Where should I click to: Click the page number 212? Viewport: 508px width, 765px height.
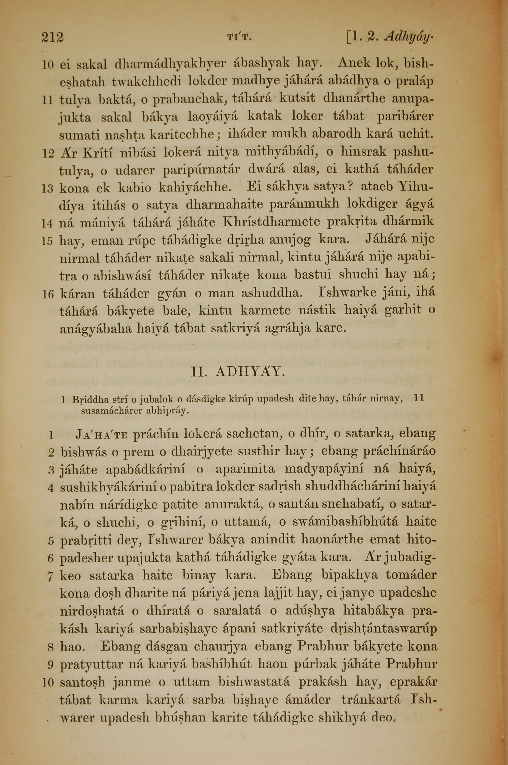coord(53,37)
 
